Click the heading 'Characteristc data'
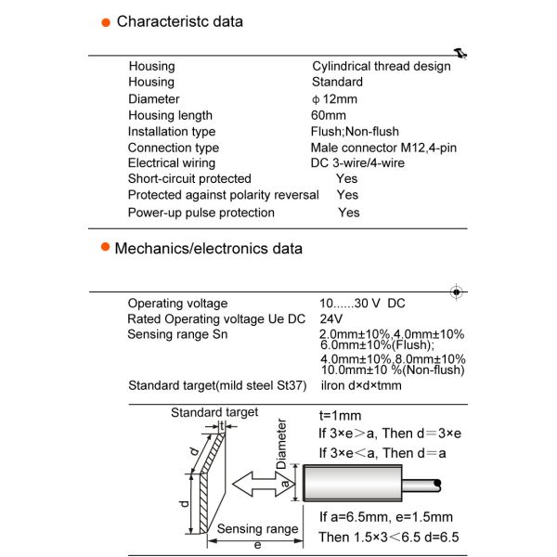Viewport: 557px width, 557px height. click(179, 21)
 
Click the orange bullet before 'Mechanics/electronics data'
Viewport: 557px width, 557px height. click(104, 249)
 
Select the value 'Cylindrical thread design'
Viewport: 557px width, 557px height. click(381, 66)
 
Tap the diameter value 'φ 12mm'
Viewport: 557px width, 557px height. click(334, 99)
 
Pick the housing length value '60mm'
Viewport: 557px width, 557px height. click(328, 115)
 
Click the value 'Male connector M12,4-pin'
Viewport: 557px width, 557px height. click(383, 148)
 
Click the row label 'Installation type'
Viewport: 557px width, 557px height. click(172, 132)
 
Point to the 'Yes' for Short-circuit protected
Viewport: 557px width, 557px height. click(347, 178)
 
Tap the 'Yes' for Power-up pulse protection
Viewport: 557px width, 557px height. click(349, 213)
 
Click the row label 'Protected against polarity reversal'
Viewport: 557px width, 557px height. click(223, 195)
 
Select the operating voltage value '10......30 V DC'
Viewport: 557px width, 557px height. click(362, 304)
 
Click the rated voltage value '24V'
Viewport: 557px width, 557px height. click(331, 318)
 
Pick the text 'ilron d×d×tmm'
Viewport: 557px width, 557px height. click(360, 385)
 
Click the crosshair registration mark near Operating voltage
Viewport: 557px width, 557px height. click(456, 292)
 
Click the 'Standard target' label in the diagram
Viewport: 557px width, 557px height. click(214, 412)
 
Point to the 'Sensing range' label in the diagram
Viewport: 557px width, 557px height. click(257, 529)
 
